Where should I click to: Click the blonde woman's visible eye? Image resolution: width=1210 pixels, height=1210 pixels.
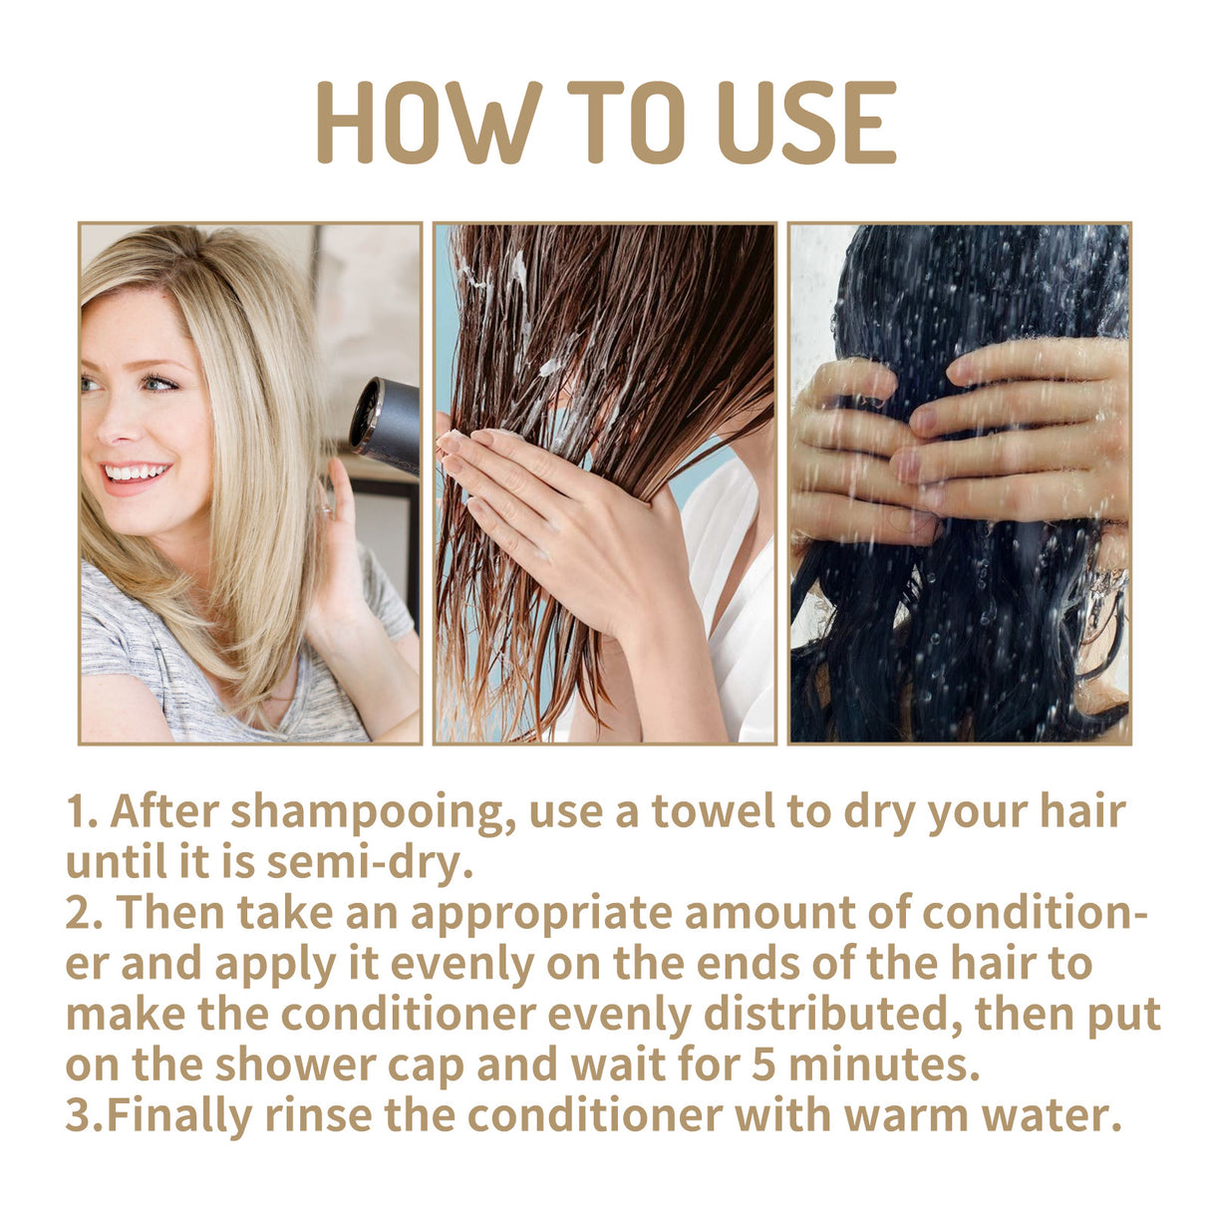coord(157,383)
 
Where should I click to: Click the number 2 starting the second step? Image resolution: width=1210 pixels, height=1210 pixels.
coord(78,913)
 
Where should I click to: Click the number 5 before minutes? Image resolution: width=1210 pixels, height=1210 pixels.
coord(763,1064)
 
